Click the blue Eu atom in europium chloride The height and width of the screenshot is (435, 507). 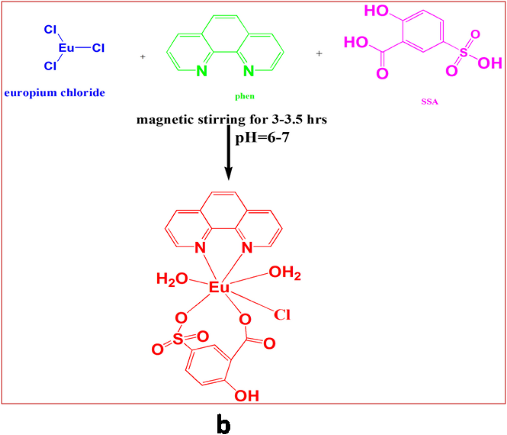[x=66, y=48]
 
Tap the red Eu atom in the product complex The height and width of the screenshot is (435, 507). [x=219, y=287]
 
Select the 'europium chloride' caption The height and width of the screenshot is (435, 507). [x=54, y=93]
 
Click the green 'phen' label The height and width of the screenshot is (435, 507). [x=245, y=96]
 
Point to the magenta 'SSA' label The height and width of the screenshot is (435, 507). [x=429, y=102]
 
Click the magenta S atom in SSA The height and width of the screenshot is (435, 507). [x=463, y=53]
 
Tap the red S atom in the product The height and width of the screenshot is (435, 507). [x=178, y=339]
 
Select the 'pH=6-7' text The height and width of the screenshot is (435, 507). [x=262, y=137]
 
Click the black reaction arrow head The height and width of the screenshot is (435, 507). [x=228, y=174]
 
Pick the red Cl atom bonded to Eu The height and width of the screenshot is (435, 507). [x=282, y=315]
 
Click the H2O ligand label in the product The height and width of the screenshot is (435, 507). [x=172, y=279]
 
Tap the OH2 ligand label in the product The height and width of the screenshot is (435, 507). [x=285, y=273]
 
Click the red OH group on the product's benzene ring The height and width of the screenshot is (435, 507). [x=247, y=396]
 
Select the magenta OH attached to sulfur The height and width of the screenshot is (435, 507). [x=490, y=63]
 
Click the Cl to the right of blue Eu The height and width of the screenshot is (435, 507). [x=98, y=48]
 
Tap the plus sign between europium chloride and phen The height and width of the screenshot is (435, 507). [x=143, y=57]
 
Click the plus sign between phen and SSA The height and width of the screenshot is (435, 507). [x=319, y=53]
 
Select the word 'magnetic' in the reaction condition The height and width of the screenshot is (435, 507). [x=165, y=119]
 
